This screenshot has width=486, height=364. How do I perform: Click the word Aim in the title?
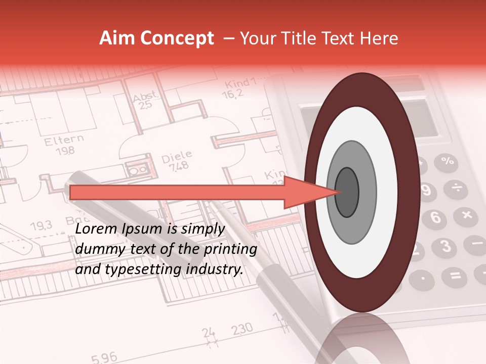click(118, 38)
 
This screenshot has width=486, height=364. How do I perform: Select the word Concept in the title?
click(177, 39)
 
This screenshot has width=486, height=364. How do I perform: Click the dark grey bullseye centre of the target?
click(347, 192)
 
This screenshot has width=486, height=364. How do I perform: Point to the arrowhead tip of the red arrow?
click(336, 192)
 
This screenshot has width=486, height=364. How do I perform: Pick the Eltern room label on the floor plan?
click(64, 140)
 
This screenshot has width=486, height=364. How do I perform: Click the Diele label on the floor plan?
click(177, 156)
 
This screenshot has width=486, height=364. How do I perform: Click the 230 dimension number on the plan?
click(242, 330)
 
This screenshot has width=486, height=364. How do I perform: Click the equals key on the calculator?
click(455, 276)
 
